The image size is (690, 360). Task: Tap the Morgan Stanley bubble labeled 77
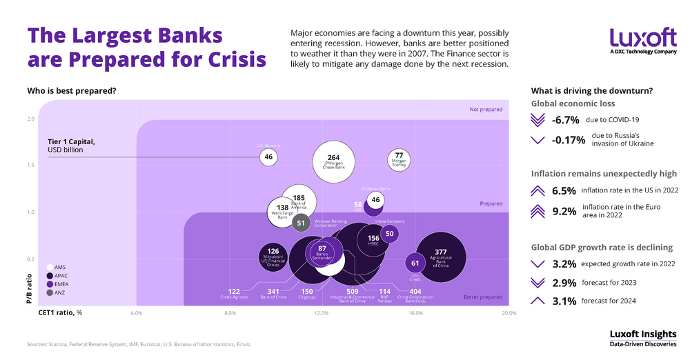(399, 159)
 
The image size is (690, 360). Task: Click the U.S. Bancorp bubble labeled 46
(268, 157)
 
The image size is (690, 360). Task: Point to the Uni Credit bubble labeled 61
(415, 263)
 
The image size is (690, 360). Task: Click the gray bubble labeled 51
(301, 223)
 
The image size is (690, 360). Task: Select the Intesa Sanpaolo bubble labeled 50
(390, 234)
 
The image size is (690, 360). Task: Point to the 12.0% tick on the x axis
(322, 314)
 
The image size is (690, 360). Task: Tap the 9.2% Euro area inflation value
(564, 211)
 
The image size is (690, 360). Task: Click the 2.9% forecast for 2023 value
(564, 282)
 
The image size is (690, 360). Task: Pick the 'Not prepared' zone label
(486, 109)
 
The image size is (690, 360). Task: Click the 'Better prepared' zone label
(483, 297)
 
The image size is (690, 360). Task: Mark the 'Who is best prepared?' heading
(71, 90)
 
